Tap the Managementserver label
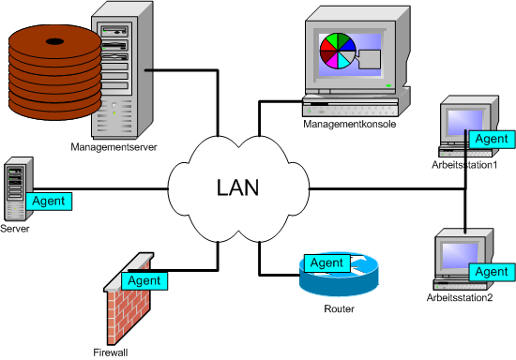114,146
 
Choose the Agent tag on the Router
327,262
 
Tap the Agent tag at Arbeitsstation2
491,271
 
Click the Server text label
16,228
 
